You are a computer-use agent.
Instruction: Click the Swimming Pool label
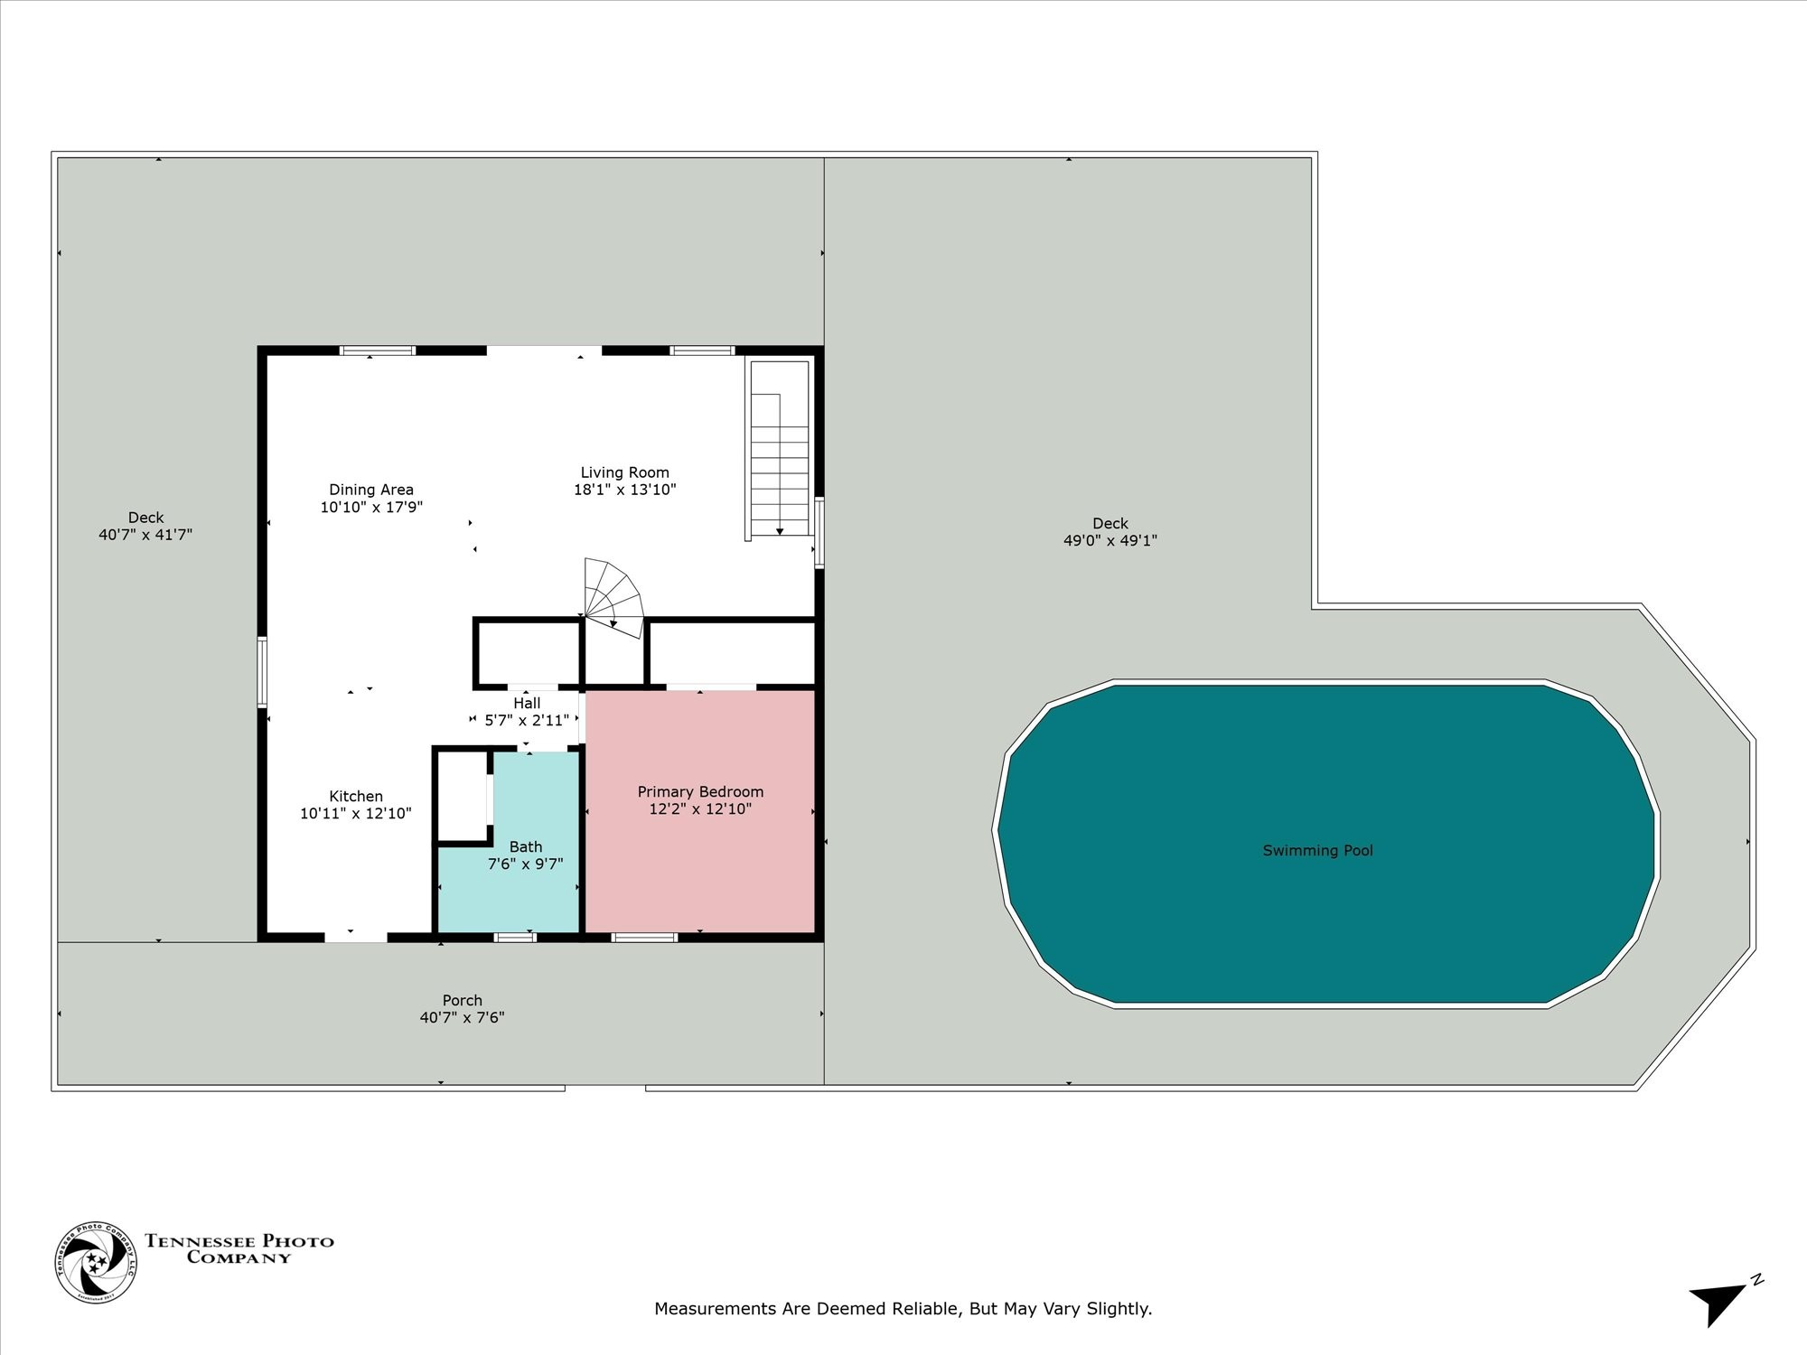(1317, 850)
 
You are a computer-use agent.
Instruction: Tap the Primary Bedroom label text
(700, 792)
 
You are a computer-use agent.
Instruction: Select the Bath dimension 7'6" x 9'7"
(525, 864)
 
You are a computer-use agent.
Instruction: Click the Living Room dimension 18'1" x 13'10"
(624, 490)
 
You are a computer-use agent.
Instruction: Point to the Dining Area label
(371, 490)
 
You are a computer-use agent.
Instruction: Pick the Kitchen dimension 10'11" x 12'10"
(356, 813)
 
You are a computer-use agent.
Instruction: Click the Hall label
(527, 703)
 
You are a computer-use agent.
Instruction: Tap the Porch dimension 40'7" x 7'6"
(462, 1017)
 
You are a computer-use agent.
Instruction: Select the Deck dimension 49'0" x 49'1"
(1110, 540)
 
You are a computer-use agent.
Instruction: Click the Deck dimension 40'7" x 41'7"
(145, 534)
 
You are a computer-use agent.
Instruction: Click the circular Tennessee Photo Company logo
(97, 1262)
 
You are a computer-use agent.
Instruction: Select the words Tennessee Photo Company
(239, 1249)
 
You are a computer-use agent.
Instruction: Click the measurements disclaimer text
(903, 1308)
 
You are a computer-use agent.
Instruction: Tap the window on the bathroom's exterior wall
(515, 937)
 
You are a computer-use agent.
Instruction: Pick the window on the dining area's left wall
(262, 672)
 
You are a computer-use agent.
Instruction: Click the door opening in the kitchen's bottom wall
(356, 937)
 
